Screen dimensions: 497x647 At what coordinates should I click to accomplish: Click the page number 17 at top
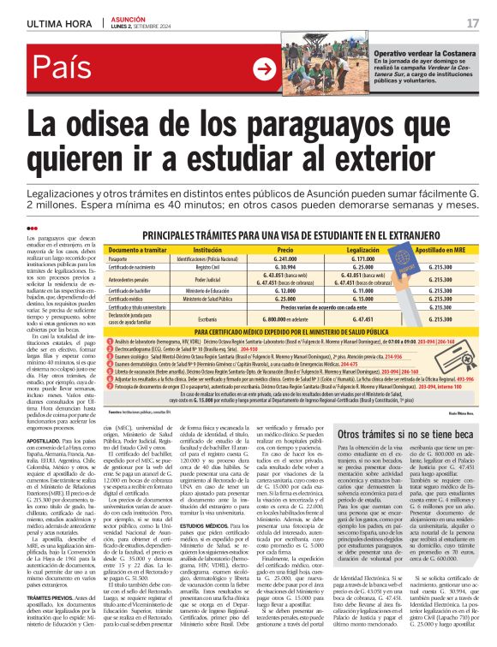473,21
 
